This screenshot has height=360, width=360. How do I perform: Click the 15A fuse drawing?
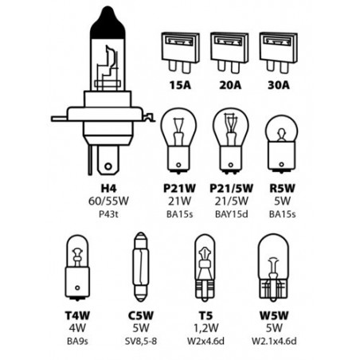coord(180,53)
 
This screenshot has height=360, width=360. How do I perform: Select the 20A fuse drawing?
coord(229,53)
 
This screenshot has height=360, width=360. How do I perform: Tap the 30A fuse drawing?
coord(279,53)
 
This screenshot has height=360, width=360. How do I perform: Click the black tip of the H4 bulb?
coord(108,23)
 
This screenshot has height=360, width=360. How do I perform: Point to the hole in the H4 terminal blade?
coord(108,166)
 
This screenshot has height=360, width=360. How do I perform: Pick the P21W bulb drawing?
coord(178,140)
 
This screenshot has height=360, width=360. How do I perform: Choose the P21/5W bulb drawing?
coord(231,140)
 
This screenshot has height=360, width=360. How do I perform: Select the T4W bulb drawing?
coord(77,268)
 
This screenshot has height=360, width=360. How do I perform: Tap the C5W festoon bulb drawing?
coord(140,267)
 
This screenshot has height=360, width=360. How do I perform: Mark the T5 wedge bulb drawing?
coord(205,268)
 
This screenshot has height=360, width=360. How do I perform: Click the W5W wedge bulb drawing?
coord(273,268)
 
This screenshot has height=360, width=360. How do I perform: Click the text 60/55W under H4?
coord(108,202)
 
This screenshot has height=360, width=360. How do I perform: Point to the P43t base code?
coord(108,214)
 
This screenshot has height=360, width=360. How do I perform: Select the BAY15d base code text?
coord(232,214)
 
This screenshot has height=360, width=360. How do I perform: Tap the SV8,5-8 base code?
coord(141,341)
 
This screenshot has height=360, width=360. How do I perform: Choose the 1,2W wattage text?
coord(205,328)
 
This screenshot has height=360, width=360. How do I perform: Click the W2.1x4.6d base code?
coord(274,341)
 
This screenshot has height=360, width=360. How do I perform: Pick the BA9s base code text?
coord(77,341)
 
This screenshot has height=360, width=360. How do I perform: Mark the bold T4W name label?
coord(77,315)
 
